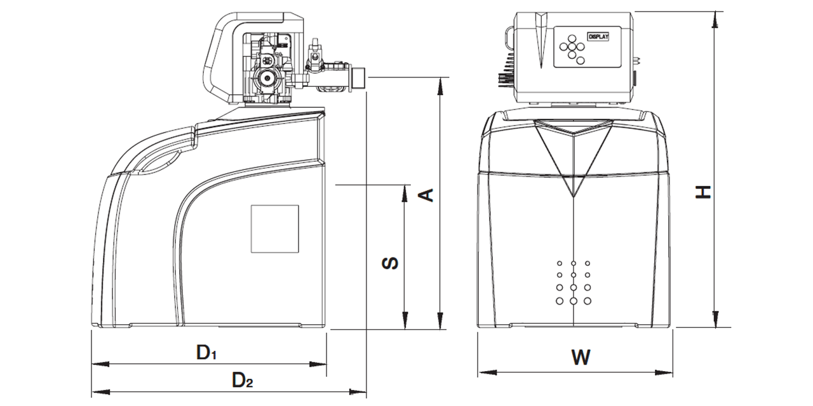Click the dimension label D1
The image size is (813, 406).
(206, 353)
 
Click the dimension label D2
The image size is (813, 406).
(242, 381)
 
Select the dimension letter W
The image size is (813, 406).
(580, 358)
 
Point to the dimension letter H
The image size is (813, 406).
(702, 192)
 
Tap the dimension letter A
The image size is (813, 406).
(428, 194)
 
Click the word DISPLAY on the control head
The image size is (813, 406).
(598, 37)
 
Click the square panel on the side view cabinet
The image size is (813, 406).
(274, 229)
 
